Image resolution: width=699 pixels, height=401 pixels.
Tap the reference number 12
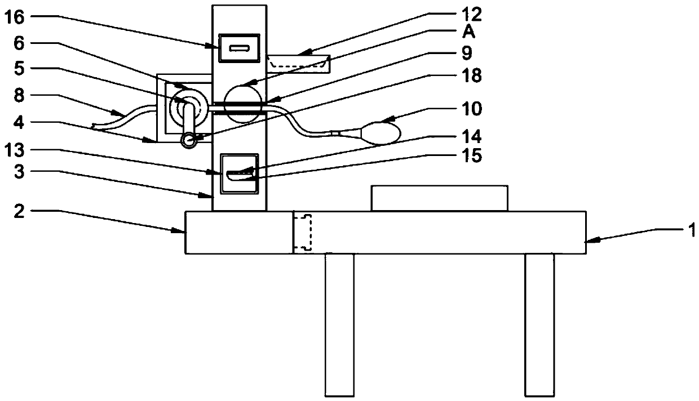472,13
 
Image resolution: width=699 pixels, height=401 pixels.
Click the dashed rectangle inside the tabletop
303,231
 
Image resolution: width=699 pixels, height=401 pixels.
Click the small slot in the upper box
239,48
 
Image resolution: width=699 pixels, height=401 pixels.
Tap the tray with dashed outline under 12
299,63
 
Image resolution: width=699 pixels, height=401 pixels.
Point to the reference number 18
472,77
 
